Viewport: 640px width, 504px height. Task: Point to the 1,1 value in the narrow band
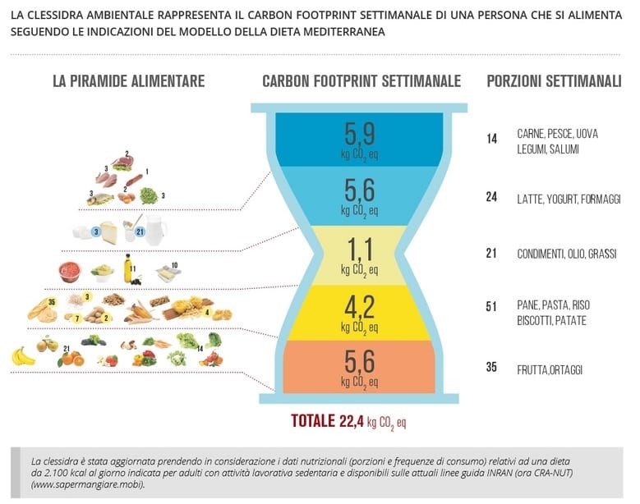[x=359, y=246]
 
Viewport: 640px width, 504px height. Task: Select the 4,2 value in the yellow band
[x=359, y=307]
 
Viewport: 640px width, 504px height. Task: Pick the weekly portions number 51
[x=491, y=307]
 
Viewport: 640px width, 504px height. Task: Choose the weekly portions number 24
[x=491, y=199]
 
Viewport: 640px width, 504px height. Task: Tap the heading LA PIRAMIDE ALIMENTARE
[x=128, y=81]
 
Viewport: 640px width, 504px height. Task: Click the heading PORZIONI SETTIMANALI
[x=554, y=81]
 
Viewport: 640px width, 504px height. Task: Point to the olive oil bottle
[x=128, y=268]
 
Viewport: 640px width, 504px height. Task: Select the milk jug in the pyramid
[x=156, y=229]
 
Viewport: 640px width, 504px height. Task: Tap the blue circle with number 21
[x=140, y=232]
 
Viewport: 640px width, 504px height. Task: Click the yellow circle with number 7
[x=77, y=318]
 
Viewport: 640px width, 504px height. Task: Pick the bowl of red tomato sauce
[x=71, y=269]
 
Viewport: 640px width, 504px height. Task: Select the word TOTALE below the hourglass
[x=313, y=422]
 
